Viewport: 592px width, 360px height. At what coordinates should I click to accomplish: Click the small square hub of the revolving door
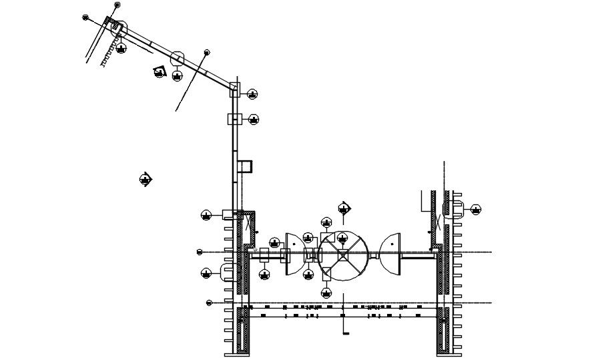click(342, 254)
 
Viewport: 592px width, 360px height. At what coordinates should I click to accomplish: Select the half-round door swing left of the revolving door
click(293, 254)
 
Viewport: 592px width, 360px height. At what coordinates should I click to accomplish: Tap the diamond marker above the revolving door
click(344, 207)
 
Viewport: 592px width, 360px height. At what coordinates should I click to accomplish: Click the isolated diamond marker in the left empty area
click(145, 179)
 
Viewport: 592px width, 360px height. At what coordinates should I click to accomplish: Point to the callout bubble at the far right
click(476, 209)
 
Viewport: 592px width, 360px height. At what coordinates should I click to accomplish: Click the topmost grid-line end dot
click(117, 5)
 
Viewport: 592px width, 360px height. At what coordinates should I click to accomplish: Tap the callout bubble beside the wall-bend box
click(252, 94)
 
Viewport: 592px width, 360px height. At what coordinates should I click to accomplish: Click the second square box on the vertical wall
click(235, 119)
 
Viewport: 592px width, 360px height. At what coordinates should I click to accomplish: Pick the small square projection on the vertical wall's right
click(246, 166)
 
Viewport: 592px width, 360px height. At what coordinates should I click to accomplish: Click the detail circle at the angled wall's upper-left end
click(118, 29)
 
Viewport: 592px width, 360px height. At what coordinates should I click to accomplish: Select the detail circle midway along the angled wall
click(178, 58)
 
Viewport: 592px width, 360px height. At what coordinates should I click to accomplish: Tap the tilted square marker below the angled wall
click(159, 71)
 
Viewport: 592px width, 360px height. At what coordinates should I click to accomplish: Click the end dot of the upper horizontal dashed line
click(200, 252)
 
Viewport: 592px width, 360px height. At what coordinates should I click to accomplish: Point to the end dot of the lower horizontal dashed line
click(209, 303)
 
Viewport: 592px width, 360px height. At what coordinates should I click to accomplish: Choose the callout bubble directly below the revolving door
click(326, 293)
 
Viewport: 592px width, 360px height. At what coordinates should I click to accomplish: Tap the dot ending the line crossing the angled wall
click(207, 51)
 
